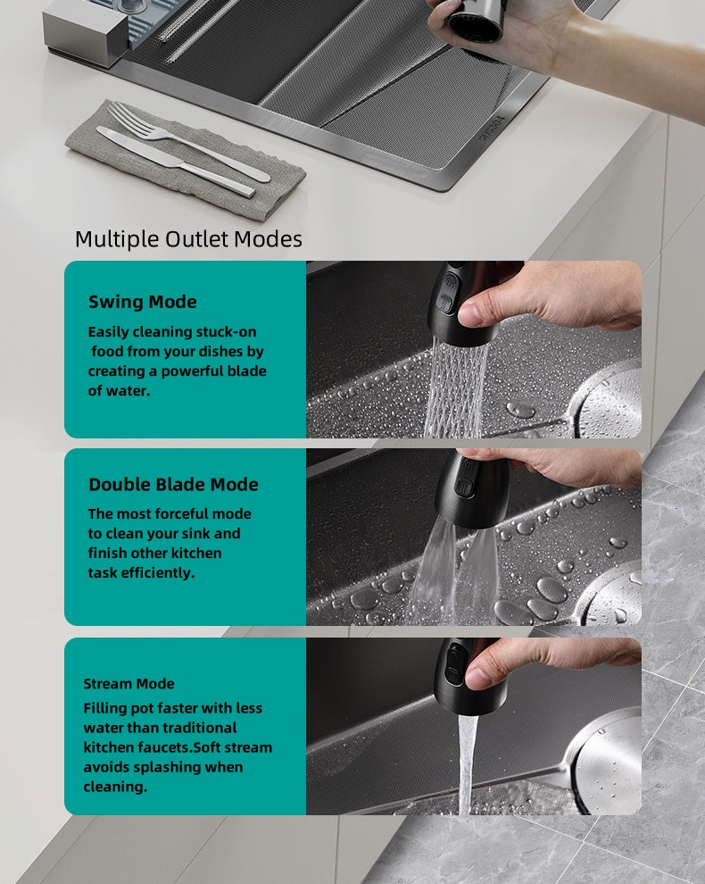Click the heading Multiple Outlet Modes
pos(188,239)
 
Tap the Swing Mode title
pos(143,302)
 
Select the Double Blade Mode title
pos(174,484)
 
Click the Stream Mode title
pos(129,683)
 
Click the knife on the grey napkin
pos(176,162)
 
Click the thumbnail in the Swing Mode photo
pos(471,313)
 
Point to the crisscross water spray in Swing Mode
pos(455,389)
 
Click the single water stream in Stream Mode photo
pos(467,764)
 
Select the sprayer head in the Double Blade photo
pos(471,489)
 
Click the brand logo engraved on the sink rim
pos(490,129)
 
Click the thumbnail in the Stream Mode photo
pos(478,678)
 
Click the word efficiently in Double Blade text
pos(157,572)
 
